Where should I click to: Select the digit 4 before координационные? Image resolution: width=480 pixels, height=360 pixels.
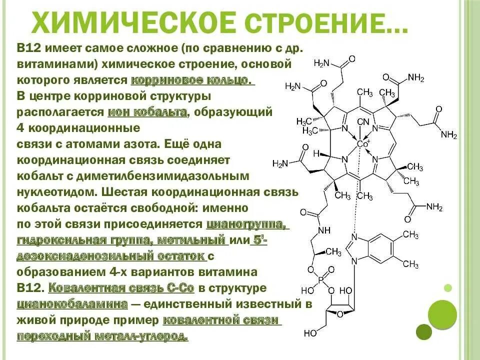21,127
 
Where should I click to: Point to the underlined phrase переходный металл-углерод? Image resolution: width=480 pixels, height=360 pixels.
102,336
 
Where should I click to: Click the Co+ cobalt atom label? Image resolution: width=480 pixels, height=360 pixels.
363,143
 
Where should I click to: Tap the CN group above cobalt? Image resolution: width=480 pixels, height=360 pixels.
363,122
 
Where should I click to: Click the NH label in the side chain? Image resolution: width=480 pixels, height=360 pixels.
324,230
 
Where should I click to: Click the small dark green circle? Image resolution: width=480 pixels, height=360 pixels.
424,331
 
